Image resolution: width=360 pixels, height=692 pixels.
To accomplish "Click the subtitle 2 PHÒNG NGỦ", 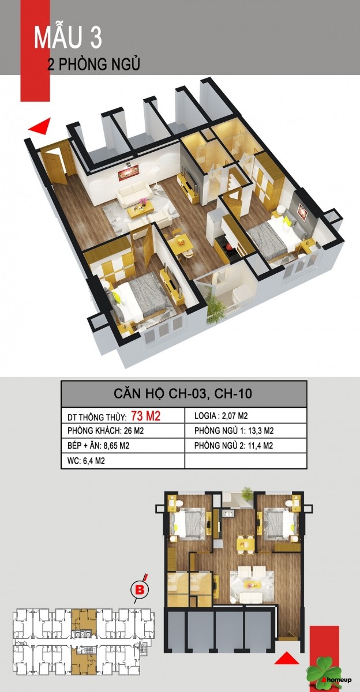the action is (94, 64).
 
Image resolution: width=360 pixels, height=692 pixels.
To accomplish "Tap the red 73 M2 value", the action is (146, 416).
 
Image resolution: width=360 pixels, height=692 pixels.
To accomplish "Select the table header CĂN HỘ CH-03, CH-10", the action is (183, 393).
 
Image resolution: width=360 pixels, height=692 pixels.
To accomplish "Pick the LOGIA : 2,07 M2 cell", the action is (221, 416).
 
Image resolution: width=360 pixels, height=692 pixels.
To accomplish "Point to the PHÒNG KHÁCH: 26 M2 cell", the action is (106, 431).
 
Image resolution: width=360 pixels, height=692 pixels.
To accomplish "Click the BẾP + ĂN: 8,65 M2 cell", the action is (98, 446).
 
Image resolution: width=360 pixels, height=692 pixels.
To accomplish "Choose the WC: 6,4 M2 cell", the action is (86, 461).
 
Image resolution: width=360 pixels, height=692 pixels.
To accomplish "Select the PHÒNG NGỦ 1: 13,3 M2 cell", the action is (234, 431).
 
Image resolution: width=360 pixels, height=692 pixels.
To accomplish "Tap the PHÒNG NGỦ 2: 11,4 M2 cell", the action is (234, 446).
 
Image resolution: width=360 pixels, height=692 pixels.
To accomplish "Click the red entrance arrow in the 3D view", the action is (40, 126).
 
